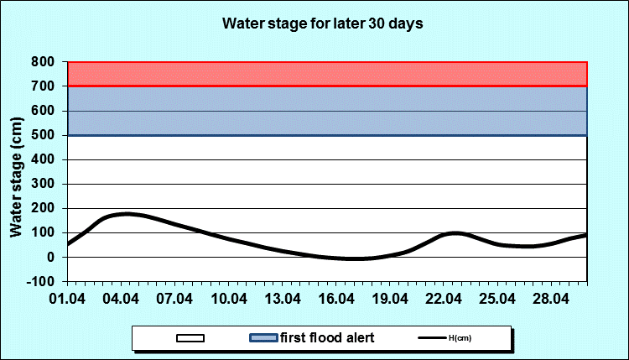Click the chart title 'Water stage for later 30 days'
tap(322, 23)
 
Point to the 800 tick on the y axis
tap(43, 62)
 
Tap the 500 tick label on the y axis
tap(43, 135)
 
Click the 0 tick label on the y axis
tap(51, 257)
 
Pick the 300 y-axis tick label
tap(43, 184)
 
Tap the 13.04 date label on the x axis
tap(283, 299)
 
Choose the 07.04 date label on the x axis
tap(175, 299)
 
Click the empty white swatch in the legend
tap(191, 338)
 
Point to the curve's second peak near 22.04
tap(454, 233)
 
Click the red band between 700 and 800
tap(327, 74)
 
